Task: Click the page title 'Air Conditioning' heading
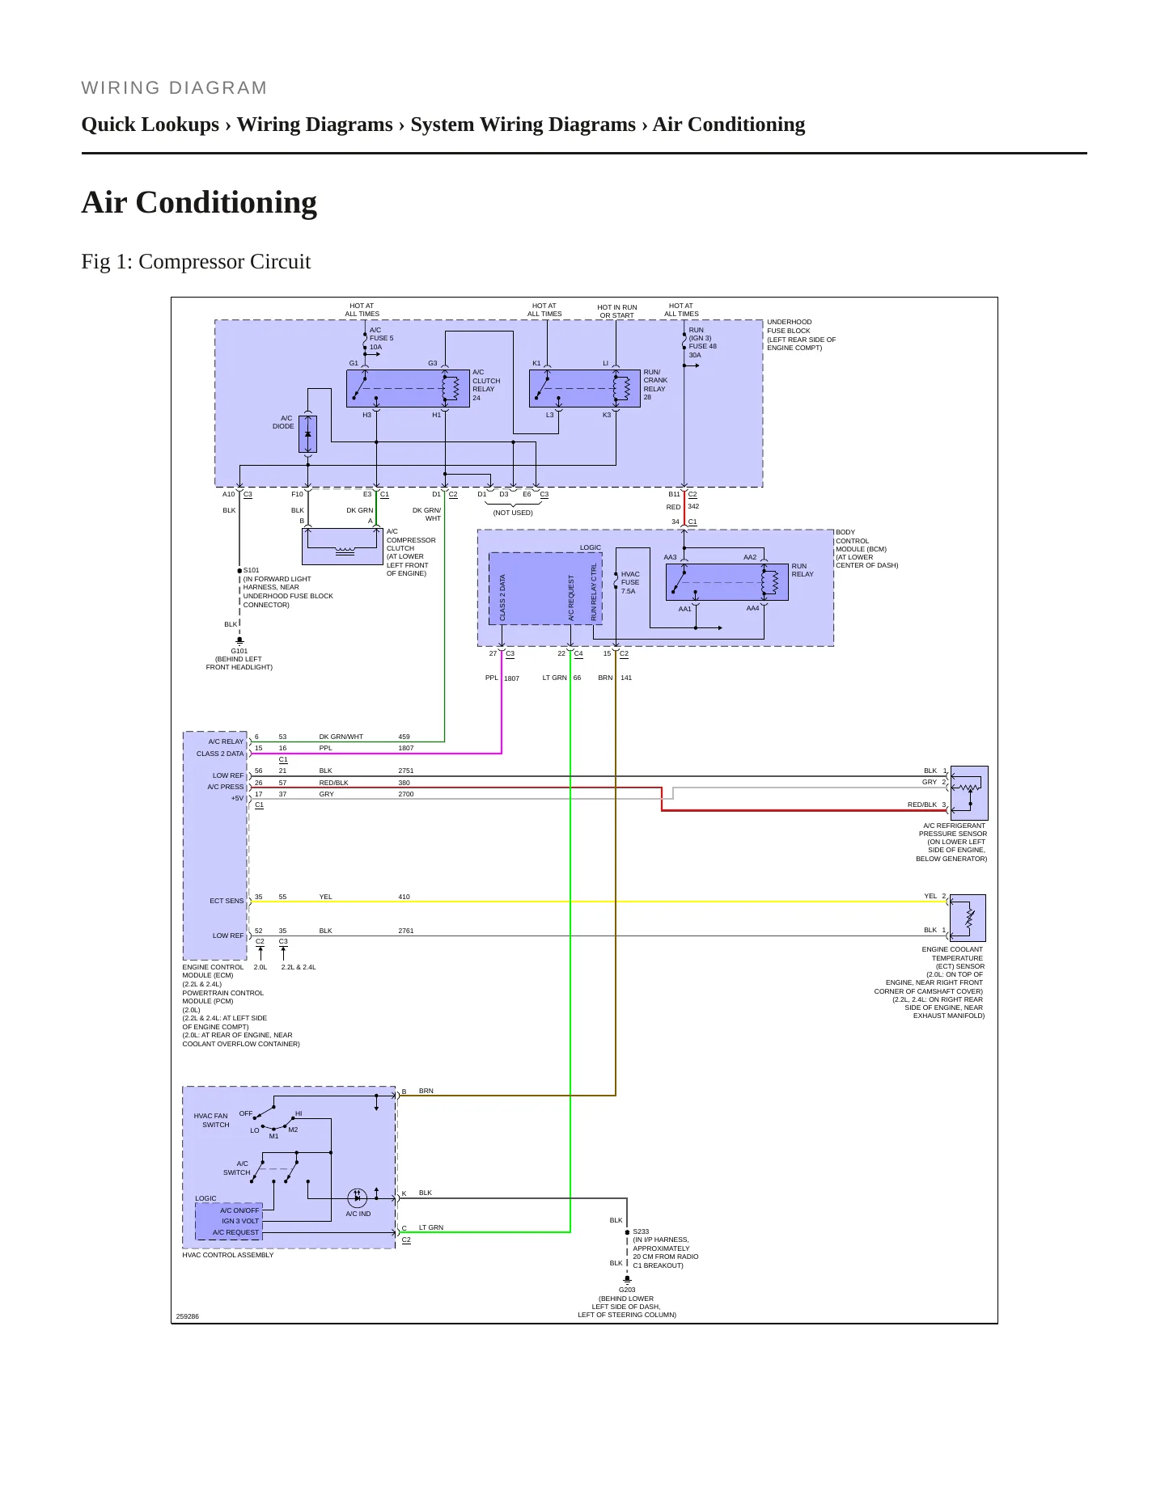(x=199, y=202)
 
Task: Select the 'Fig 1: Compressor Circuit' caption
(x=196, y=262)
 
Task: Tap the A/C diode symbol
(x=307, y=434)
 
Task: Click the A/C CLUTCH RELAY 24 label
(x=486, y=385)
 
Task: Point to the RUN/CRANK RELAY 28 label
(x=655, y=385)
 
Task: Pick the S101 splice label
(x=252, y=570)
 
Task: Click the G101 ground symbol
(x=239, y=641)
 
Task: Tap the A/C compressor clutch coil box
(x=342, y=547)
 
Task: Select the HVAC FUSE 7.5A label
(x=630, y=582)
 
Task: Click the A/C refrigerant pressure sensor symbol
(x=969, y=793)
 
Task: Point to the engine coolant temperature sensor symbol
(x=968, y=918)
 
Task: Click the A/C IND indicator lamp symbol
(x=357, y=1197)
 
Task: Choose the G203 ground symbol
(x=627, y=1281)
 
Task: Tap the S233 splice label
(x=641, y=1231)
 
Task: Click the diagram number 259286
(x=188, y=1316)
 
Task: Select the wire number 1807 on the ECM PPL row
(x=406, y=748)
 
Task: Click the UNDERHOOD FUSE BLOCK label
(x=790, y=326)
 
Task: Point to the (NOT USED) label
(x=513, y=513)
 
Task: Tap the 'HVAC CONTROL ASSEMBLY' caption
(x=228, y=1255)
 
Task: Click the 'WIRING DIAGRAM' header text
(x=174, y=88)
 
